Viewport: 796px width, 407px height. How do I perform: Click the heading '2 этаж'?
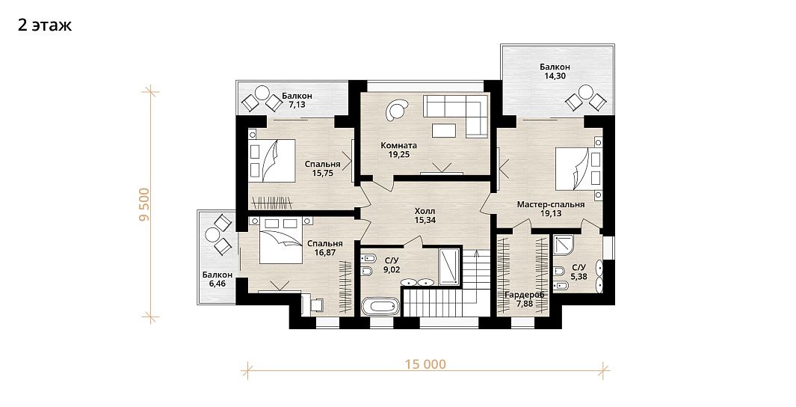click(45, 25)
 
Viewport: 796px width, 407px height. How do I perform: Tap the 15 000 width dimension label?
click(425, 364)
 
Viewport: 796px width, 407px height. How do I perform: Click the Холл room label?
click(425, 212)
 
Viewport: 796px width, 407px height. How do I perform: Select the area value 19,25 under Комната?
click(399, 154)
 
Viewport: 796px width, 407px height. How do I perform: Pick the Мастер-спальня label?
click(551, 205)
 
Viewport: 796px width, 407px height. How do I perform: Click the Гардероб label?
click(525, 295)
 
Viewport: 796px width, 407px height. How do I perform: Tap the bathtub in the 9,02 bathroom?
click(380, 307)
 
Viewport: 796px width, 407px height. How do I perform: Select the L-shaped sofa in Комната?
click(456, 114)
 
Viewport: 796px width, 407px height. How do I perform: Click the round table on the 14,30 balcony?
click(585, 93)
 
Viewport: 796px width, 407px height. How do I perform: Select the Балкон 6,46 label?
click(217, 279)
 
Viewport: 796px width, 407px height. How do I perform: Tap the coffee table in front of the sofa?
click(444, 131)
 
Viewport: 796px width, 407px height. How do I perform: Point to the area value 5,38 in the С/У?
click(579, 277)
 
